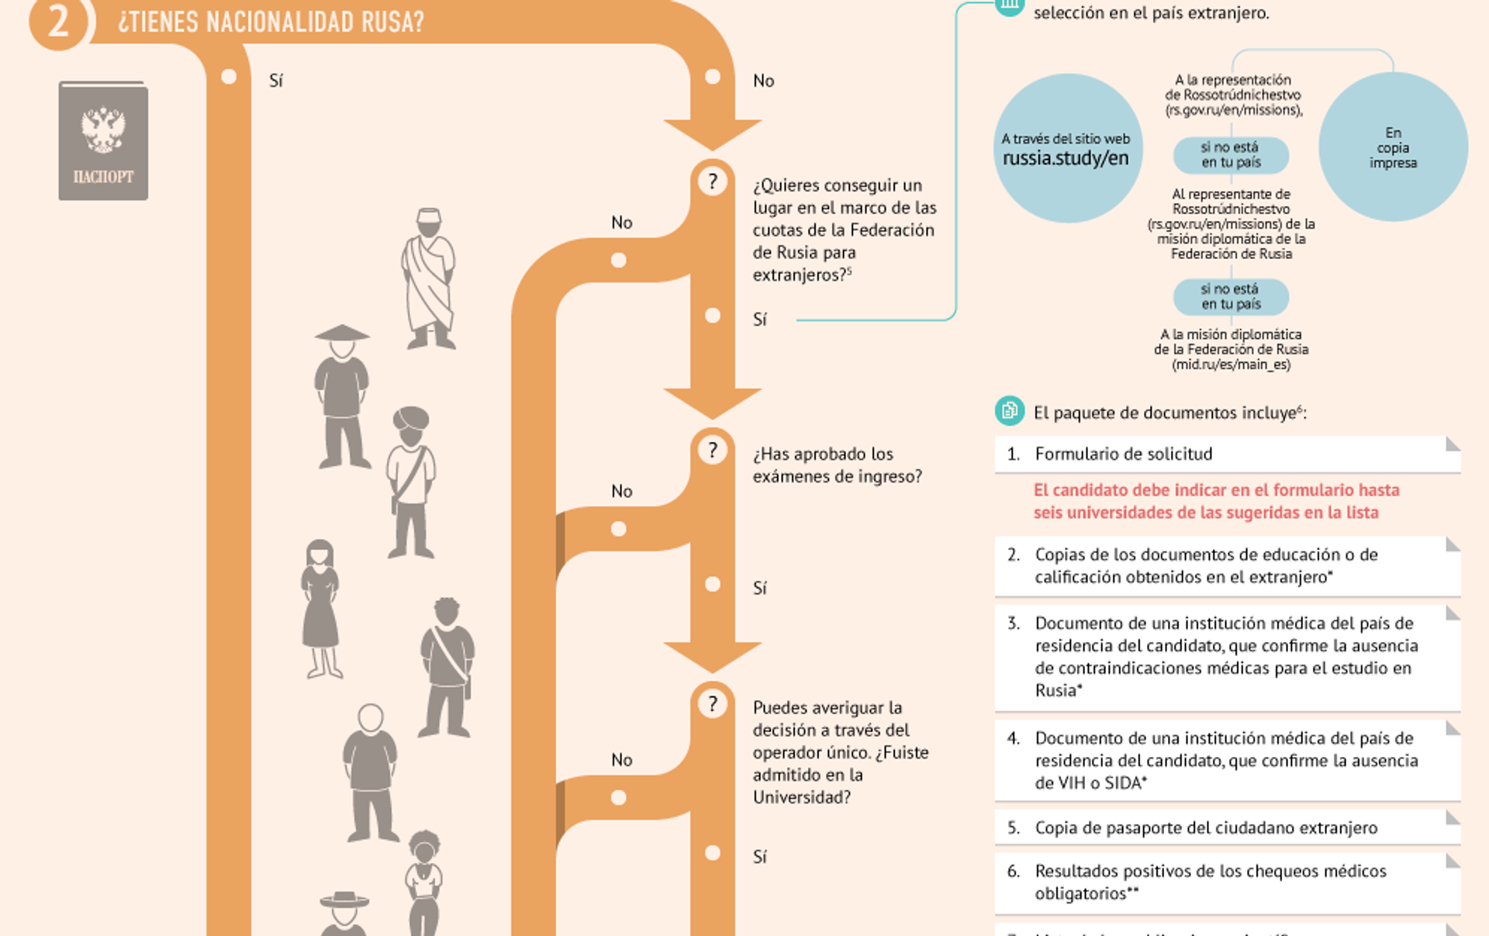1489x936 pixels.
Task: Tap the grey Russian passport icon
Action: [x=103, y=141]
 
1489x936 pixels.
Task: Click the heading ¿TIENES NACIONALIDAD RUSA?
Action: [x=271, y=22]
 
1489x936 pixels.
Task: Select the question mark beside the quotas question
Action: [x=712, y=181]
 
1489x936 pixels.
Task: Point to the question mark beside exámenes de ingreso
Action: [x=712, y=450]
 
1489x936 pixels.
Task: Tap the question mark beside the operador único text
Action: [x=712, y=703]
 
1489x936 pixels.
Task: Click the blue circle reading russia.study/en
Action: [x=1067, y=149]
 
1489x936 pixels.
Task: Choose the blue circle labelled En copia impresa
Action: [x=1393, y=147]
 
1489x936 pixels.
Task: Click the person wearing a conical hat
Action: [x=342, y=395]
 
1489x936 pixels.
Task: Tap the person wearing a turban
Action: [x=411, y=481]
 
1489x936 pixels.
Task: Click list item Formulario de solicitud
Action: [x=1123, y=454]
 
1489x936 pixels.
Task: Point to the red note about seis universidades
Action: [x=1216, y=501]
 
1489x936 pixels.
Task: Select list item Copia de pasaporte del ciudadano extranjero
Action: [x=1206, y=827]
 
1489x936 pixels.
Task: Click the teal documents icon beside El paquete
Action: [x=1009, y=410]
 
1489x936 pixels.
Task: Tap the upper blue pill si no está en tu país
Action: [x=1231, y=155]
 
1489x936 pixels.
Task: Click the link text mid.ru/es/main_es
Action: [x=1231, y=364]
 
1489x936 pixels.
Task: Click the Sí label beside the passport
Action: [x=276, y=81]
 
